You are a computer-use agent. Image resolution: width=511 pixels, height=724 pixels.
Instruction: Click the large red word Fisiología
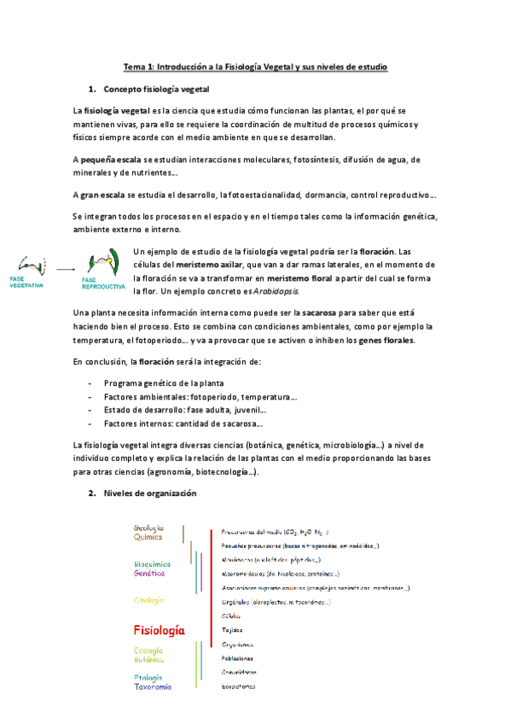pos(159,630)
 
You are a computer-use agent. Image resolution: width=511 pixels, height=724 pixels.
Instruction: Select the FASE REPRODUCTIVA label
pos(103,282)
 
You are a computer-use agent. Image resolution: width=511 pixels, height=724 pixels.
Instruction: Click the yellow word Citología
pos(148,600)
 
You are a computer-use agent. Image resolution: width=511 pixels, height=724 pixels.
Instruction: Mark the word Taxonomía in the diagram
pos(152,686)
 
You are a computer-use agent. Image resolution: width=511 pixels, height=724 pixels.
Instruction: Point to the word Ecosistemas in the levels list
pos(238,686)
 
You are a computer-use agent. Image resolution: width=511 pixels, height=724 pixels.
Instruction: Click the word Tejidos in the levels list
pos(232,629)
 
